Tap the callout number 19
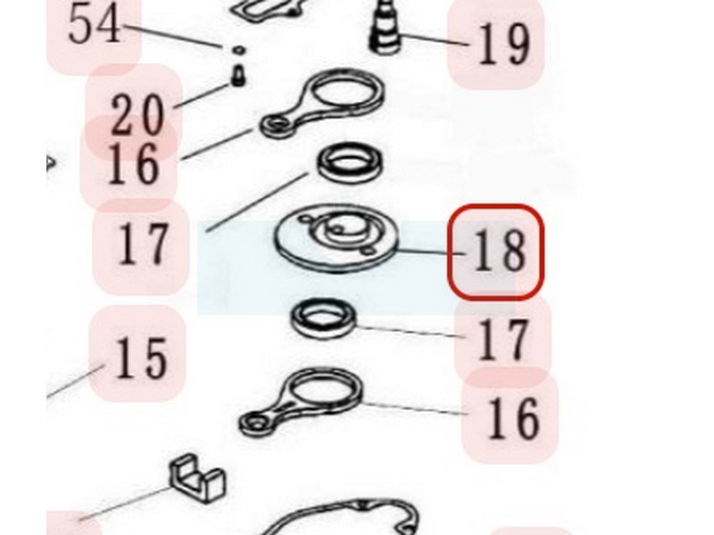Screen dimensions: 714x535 pyautogui.click(x=503, y=43)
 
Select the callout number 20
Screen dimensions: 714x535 pyautogui.click(x=137, y=115)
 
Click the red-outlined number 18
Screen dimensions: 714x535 pyautogui.click(x=500, y=251)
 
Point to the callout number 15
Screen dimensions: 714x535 pyautogui.click(x=141, y=358)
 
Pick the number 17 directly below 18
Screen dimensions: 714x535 pyautogui.click(x=503, y=339)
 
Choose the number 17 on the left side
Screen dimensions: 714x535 pyautogui.click(x=142, y=243)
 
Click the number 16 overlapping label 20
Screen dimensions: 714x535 pyautogui.click(x=133, y=164)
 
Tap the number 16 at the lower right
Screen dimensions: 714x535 pyautogui.click(x=513, y=417)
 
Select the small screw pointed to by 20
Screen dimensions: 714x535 pyautogui.click(x=237, y=76)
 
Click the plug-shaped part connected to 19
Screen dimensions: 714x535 pyautogui.click(x=386, y=29)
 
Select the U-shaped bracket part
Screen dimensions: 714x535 pyautogui.click(x=197, y=478)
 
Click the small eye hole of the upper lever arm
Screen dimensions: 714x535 pyautogui.click(x=274, y=124)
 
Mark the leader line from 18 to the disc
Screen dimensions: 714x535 pyautogui.click(x=432, y=251)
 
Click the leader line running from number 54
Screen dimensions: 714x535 pyautogui.click(x=173, y=36)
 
